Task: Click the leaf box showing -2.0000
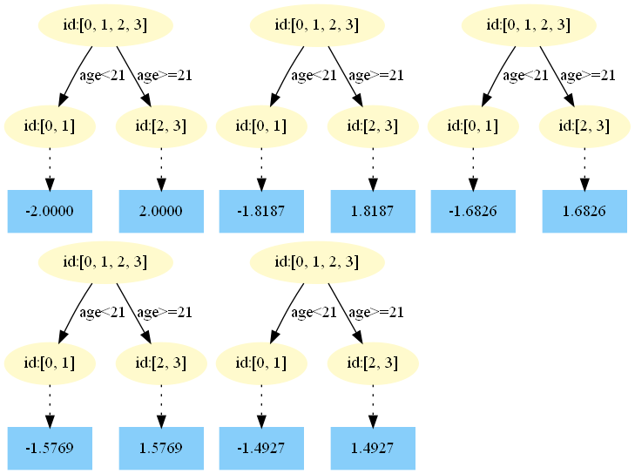(x=50, y=210)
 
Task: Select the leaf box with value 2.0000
(x=161, y=210)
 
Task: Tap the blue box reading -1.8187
(x=261, y=210)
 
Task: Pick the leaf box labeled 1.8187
(x=373, y=210)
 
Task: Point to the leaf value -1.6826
(x=473, y=210)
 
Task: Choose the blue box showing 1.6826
(x=584, y=210)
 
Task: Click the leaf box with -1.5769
(x=50, y=448)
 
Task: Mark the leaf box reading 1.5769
(x=161, y=448)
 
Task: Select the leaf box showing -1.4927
(x=261, y=448)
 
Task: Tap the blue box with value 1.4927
(x=373, y=448)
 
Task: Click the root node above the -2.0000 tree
(x=105, y=25)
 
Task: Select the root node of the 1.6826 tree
(x=529, y=25)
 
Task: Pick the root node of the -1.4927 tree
(x=317, y=262)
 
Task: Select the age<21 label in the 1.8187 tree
(x=314, y=75)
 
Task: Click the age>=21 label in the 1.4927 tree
(x=375, y=312)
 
